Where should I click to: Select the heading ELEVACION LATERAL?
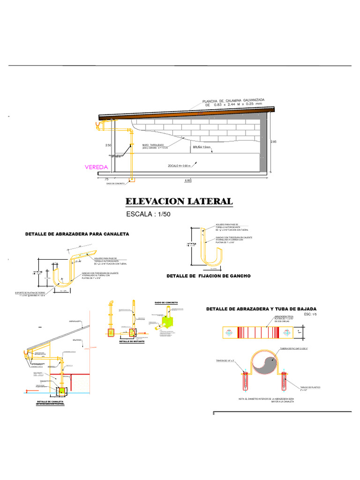[179, 201]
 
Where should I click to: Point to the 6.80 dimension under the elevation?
[187, 180]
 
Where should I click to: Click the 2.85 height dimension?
[274, 141]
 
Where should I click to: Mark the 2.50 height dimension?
[108, 145]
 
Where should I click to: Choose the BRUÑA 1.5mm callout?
[202, 147]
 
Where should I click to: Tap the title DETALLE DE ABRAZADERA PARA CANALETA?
[77, 233]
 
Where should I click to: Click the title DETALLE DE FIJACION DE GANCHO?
[209, 276]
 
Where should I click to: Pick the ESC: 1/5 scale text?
[311, 315]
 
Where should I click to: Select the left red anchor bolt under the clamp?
[245, 381]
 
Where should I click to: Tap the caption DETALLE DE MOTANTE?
[132, 342]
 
